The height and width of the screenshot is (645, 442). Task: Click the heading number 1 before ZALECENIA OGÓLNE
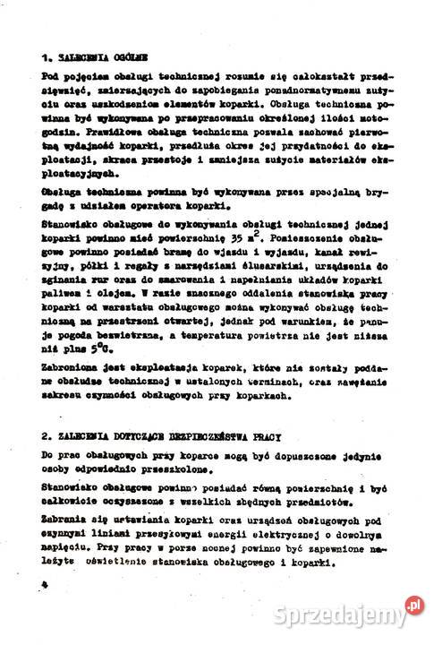pyautogui.click(x=45, y=56)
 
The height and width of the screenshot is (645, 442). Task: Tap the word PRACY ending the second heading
pyautogui.click(x=270, y=436)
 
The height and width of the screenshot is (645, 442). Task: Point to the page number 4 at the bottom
pyautogui.click(x=43, y=583)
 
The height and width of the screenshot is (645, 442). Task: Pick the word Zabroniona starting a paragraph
pyautogui.click(x=70, y=366)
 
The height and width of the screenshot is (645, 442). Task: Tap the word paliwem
pyautogui.click(x=64, y=304)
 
